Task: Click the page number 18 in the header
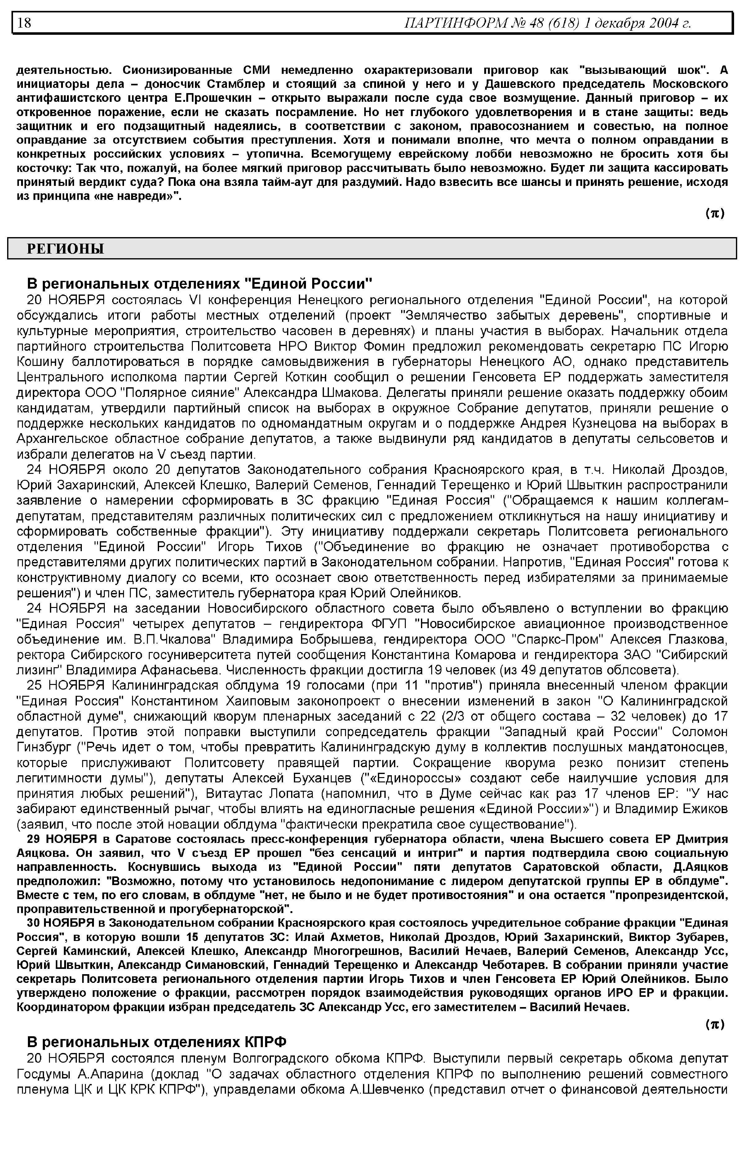tap(24, 23)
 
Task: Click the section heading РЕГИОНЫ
tap(65, 249)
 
